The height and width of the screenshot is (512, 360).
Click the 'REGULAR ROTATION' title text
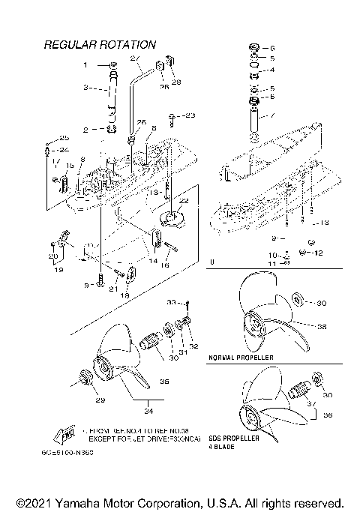(100, 45)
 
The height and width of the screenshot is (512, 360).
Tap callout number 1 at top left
(85, 65)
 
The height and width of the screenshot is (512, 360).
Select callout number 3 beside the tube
(85, 88)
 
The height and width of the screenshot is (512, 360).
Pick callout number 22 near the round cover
(182, 201)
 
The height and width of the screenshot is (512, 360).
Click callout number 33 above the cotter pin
(169, 303)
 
